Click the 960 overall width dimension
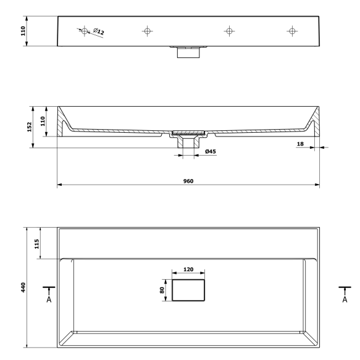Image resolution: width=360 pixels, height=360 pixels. (188, 181)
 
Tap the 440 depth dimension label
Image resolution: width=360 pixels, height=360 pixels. (23, 288)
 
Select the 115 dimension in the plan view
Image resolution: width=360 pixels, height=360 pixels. (36, 244)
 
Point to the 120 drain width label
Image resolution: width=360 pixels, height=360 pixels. (188, 269)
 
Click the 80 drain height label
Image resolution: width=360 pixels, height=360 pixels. (162, 290)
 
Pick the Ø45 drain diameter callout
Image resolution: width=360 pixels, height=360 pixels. (211, 151)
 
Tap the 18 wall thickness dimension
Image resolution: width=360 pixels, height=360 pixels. (300, 144)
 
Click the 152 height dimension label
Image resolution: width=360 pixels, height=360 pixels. (30, 127)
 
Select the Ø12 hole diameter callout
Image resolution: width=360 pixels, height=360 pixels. (99, 31)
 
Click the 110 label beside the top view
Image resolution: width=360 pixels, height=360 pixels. (23, 31)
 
